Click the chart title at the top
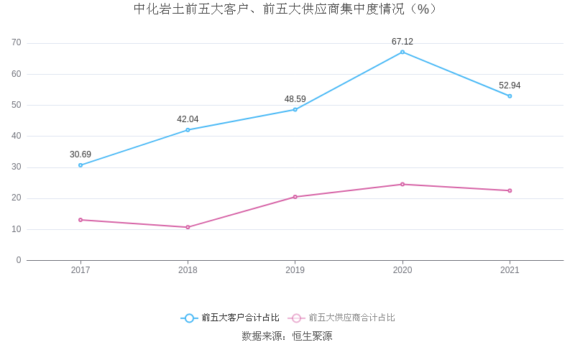coord(287,9)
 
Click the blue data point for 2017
coord(80,165)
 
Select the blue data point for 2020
coord(402,52)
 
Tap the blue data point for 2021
coord(510,96)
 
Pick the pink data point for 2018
coord(188,227)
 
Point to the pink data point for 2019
coord(295,197)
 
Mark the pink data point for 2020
coord(402,184)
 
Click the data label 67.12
coord(402,42)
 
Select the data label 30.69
coord(80,154)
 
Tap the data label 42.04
coord(188,119)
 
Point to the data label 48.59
coord(295,99)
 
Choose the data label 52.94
coord(510,86)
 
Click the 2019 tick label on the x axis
coord(295,270)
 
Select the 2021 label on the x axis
coord(510,270)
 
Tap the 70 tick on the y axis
coord(17,43)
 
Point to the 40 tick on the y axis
coord(17,136)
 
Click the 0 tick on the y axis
coord(19,260)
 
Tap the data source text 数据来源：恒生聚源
coord(287,336)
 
